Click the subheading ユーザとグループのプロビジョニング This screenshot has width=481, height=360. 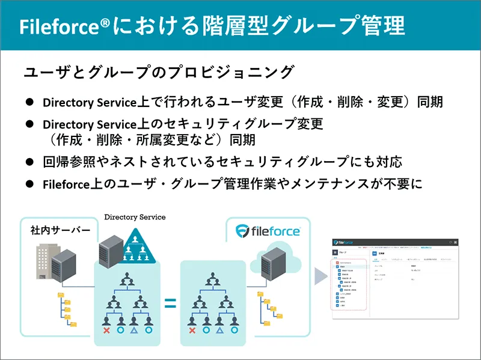click(x=159, y=72)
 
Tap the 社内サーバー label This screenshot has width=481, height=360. click(x=60, y=231)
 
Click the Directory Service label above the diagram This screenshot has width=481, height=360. click(x=135, y=216)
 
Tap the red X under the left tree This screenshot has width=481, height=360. click(x=106, y=330)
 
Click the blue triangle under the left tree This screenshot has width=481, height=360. click(x=134, y=330)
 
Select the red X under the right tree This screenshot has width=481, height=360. click(x=192, y=330)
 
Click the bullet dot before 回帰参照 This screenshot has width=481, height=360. click(x=29, y=162)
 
